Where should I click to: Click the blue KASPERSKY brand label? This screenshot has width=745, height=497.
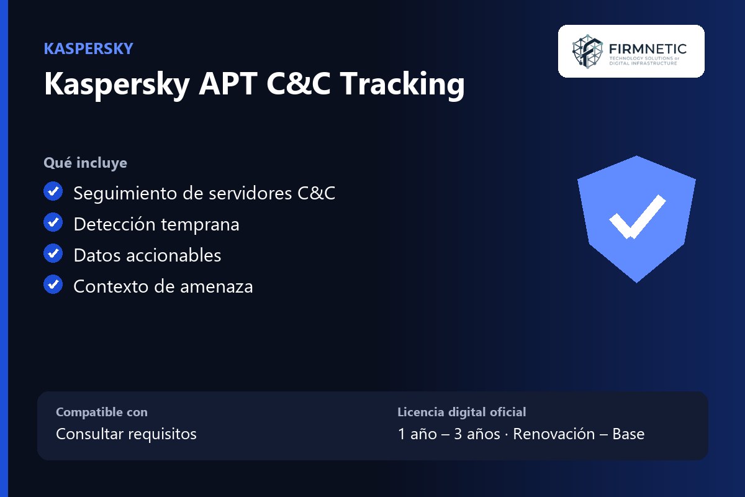point(88,48)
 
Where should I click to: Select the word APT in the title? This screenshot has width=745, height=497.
point(228,83)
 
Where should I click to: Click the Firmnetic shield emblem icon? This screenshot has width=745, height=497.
point(587,52)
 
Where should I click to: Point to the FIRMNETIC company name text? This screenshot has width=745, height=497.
point(648,49)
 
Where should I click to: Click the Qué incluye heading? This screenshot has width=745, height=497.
point(86,163)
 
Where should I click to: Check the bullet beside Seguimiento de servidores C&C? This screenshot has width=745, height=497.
point(53,191)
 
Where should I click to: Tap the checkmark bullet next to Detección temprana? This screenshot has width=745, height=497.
point(53,222)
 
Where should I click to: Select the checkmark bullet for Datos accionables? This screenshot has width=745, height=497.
point(53,253)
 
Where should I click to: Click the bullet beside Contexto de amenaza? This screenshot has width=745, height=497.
point(53,285)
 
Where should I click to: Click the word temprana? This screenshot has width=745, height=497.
point(200,225)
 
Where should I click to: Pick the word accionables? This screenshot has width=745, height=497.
point(174,255)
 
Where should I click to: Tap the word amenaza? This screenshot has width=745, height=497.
point(217,287)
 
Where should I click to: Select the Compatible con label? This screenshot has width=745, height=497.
point(102,412)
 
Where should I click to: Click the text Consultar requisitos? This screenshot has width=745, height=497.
point(127,434)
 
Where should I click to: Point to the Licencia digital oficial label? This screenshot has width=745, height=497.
point(462,412)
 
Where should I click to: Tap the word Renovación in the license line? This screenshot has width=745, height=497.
point(554,434)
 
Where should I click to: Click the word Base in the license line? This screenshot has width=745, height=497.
point(628,434)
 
